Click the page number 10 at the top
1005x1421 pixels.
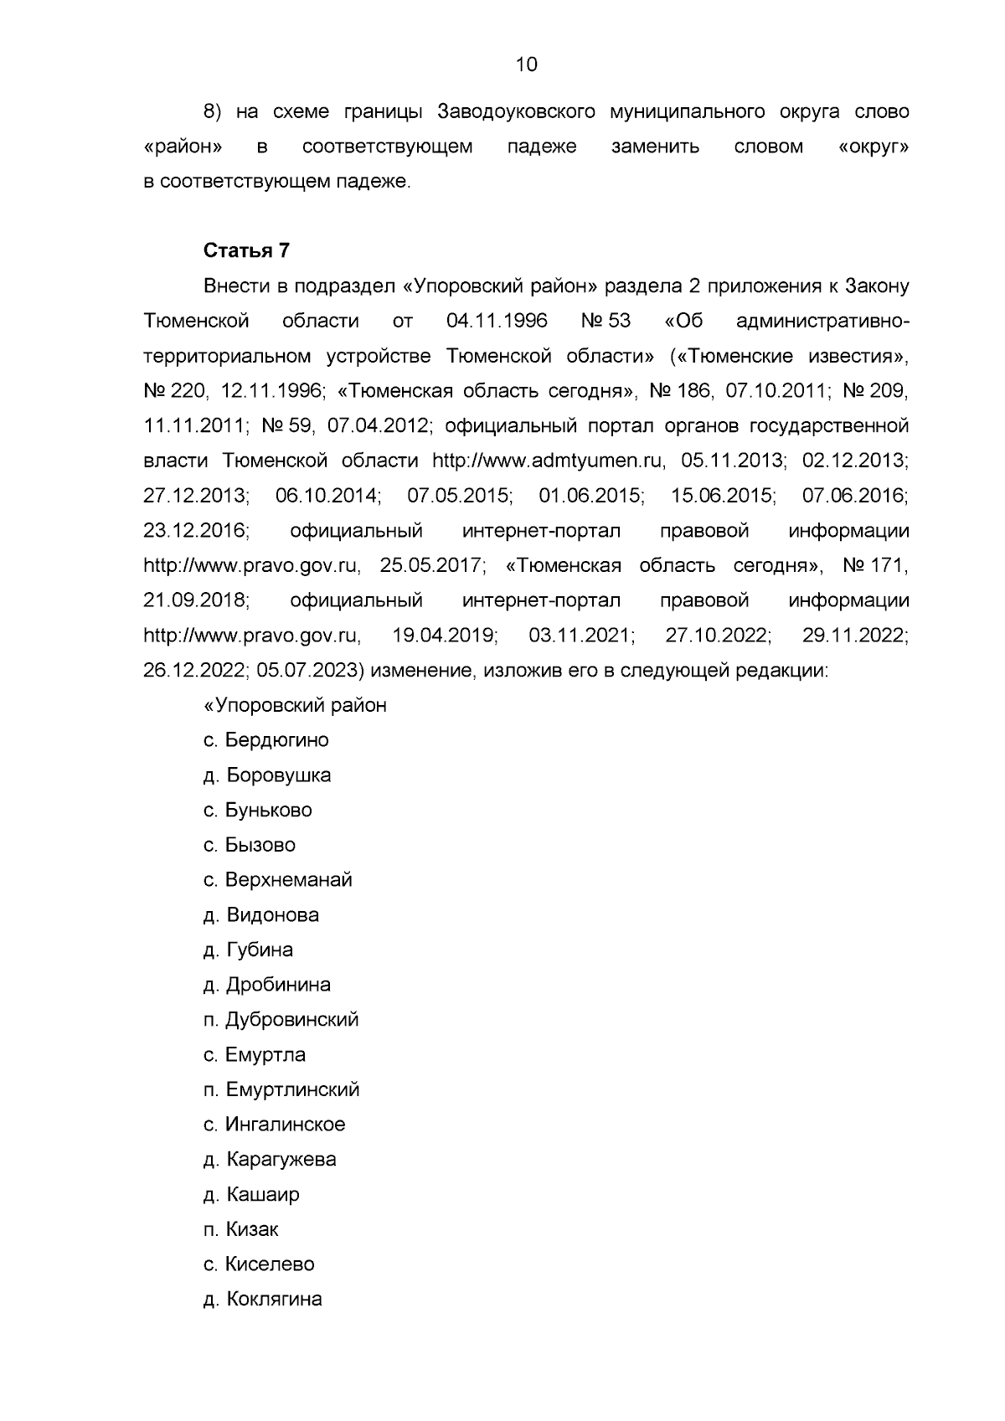526,64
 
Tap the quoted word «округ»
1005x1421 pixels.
873,147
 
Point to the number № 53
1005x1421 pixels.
605,322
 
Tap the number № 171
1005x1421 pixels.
875,566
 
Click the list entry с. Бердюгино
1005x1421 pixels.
265,740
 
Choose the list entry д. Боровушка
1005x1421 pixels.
266,775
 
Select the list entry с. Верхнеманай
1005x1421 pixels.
277,880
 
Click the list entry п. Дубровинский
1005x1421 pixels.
281,1020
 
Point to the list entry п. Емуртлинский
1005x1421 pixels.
281,1089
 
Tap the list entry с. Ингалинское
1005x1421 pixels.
274,1125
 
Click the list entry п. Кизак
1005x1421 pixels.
240,1229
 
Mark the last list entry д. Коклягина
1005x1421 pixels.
262,1300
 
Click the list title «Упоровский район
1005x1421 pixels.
295,705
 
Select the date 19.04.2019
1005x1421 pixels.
445,636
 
